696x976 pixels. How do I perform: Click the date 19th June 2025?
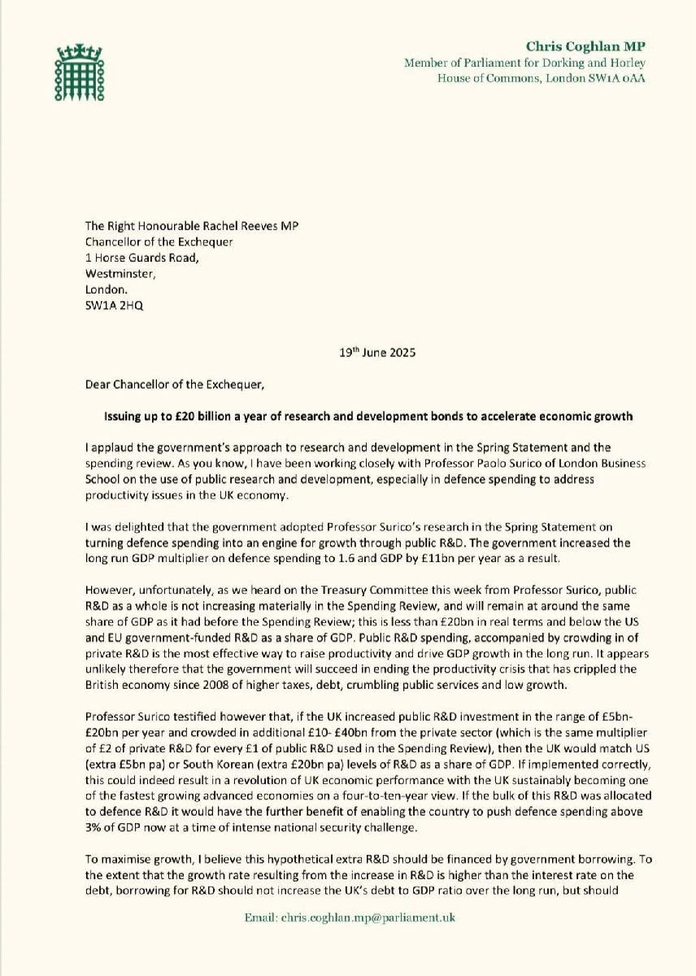[x=380, y=353]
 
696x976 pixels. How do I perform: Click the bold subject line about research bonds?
[x=367, y=416]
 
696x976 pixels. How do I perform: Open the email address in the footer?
[x=350, y=917]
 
